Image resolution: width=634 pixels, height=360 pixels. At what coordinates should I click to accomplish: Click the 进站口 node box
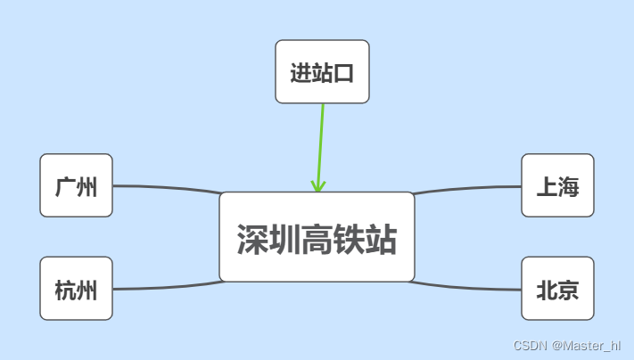point(322,71)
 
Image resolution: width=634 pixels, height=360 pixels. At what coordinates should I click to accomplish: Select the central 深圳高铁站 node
point(317,237)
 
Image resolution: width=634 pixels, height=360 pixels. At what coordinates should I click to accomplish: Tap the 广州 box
point(76,185)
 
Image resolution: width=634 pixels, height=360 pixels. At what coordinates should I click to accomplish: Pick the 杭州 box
point(76,289)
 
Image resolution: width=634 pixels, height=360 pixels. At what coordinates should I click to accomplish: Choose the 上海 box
point(557,185)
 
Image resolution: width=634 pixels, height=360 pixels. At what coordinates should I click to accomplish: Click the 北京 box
point(557,289)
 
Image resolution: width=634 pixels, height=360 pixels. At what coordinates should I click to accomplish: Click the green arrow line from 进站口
point(321,143)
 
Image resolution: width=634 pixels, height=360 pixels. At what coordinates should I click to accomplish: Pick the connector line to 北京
point(468,287)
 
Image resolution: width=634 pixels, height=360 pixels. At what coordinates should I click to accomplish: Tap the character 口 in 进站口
point(344,73)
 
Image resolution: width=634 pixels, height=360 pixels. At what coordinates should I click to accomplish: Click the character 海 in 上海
point(568,187)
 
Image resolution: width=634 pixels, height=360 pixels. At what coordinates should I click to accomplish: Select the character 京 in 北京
point(568,290)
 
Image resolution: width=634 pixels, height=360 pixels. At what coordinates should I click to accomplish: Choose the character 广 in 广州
point(65,187)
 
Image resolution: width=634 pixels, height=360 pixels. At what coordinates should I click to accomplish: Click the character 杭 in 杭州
point(65,290)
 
